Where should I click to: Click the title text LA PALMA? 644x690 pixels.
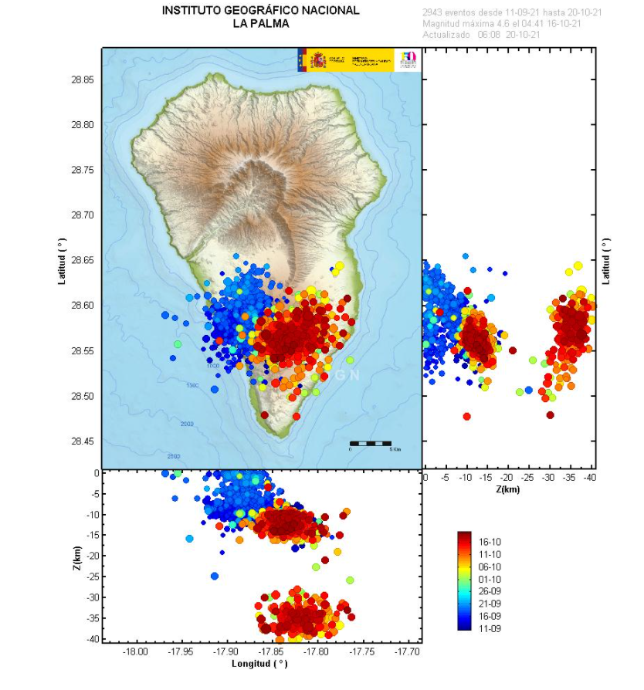coord(261,24)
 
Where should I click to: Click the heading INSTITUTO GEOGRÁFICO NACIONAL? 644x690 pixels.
coord(261,11)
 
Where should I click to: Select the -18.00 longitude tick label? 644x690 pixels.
coord(136,652)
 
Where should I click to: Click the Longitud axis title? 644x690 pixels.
coord(259,664)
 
